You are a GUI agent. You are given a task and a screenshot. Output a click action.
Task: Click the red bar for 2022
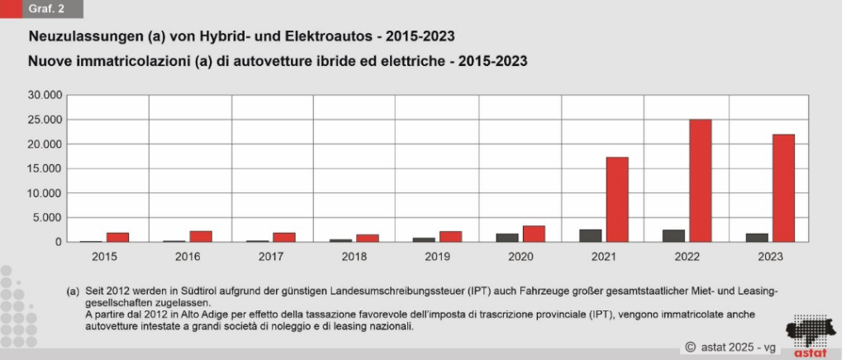[x=701, y=181]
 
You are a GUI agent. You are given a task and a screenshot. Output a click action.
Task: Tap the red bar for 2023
[x=783, y=188]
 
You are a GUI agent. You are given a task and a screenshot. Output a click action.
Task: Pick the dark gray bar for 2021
[x=591, y=235]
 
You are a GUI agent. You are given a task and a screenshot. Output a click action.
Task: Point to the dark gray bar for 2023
[x=757, y=238]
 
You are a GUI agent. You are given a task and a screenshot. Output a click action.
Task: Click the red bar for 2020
[x=534, y=234]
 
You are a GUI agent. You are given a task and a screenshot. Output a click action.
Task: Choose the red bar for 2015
[x=118, y=238]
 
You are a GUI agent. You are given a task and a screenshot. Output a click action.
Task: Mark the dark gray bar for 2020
[x=507, y=238]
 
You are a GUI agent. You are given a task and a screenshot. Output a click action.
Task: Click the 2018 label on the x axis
[x=354, y=257]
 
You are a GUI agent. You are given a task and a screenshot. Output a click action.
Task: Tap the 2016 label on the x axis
[x=188, y=257]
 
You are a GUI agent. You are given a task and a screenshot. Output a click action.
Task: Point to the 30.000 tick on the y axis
[x=45, y=95]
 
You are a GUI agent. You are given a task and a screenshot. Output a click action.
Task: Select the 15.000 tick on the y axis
[x=45, y=168]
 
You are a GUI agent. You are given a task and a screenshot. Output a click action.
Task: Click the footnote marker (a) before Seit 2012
[x=73, y=292]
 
